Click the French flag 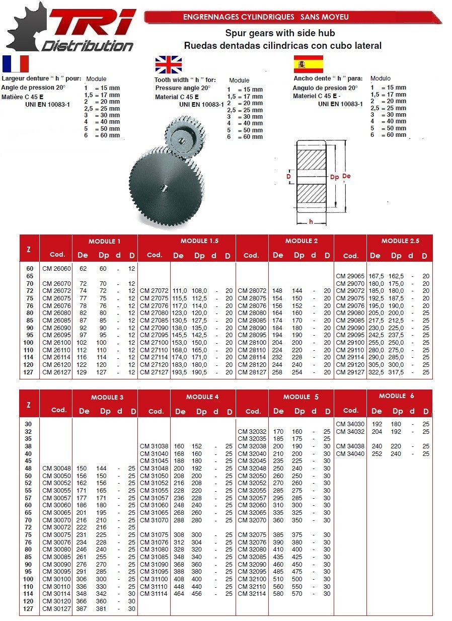point(16,64)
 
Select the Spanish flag point(308,64)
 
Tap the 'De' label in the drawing point(346,176)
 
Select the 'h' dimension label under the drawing point(311,222)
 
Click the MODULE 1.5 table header point(199,241)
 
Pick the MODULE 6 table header point(397,396)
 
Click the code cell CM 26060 point(56,269)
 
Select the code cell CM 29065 point(350,276)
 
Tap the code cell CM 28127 point(252,372)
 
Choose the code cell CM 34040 point(350,453)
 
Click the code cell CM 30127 point(56,608)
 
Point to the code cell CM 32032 point(252,431)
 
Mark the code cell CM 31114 point(154,594)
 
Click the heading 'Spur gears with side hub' point(280,34)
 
